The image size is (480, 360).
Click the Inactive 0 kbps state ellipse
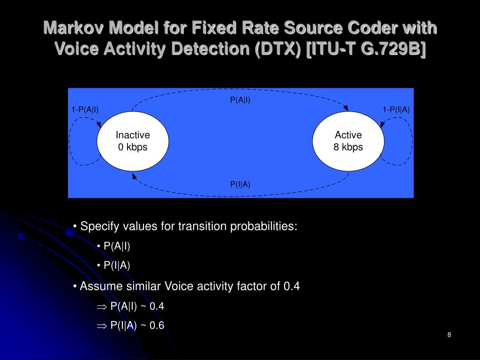pyautogui.click(x=133, y=141)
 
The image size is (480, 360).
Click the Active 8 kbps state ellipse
pyautogui.click(x=348, y=141)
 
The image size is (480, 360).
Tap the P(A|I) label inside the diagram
pyautogui.click(x=240, y=100)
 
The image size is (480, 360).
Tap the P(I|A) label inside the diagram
pyautogui.click(x=240, y=184)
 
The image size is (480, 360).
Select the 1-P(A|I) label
pyautogui.click(x=85, y=110)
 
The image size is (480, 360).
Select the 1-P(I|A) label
pyautogui.click(x=396, y=110)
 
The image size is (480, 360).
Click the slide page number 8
pyautogui.click(x=449, y=335)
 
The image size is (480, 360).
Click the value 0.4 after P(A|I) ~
pyautogui.click(x=157, y=307)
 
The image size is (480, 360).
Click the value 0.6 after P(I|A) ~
pyautogui.click(x=157, y=326)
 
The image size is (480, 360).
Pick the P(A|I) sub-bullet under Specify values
pyautogui.click(x=117, y=246)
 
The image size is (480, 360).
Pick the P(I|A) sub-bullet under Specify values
pyautogui.click(x=117, y=265)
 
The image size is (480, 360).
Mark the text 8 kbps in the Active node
pyautogui.click(x=348, y=147)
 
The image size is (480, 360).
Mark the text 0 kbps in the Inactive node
pyautogui.click(x=133, y=147)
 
